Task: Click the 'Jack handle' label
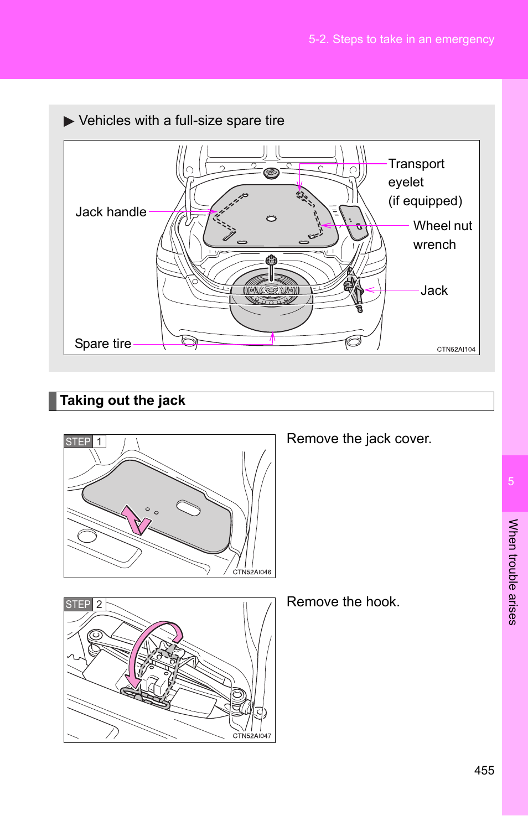[111, 212]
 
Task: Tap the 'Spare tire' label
[103, 344]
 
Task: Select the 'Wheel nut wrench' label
[442, 235]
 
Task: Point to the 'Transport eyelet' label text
[416, 173]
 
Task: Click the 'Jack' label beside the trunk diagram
[434, 290]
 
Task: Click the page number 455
[484, 770]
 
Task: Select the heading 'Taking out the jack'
[123, 401]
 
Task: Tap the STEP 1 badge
[85, 441]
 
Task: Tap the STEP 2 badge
[85, 604]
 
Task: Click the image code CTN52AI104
[456, 349]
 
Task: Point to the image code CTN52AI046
[252, 572]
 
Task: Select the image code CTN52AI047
[252, 736]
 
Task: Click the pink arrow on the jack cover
[135, 520]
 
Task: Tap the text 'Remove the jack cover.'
[359, 439]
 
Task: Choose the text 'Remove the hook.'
[343, 602]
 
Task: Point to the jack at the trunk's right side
[354, 289]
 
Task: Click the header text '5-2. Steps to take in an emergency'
[402, 39]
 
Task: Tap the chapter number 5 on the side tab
[511, 481]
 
